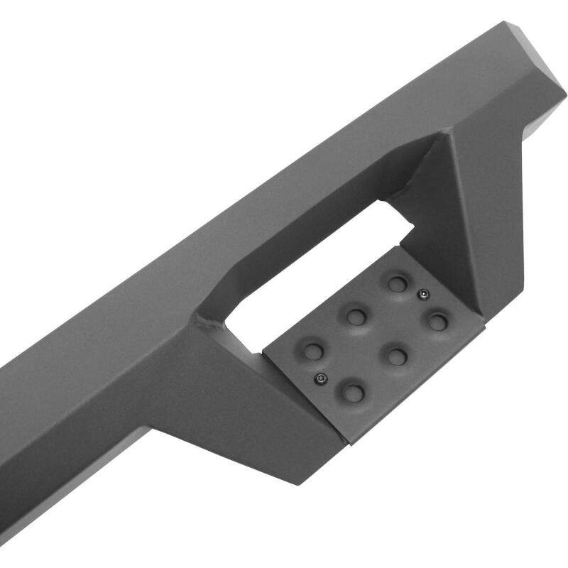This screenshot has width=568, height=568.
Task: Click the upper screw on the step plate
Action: point(424,294)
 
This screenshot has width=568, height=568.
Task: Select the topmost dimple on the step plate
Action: point(396,283)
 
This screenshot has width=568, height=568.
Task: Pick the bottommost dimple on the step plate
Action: point(353,392)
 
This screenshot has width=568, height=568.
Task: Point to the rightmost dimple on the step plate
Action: point(438,322)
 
